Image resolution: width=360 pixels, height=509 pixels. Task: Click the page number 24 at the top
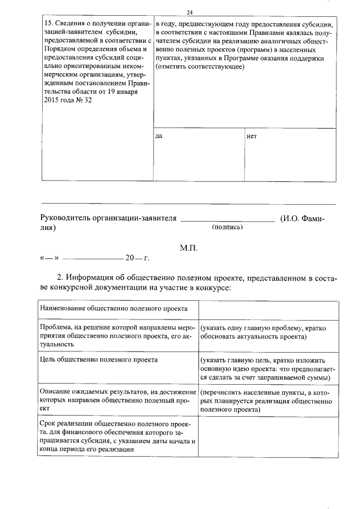pyautogui.click(x=190, y=12)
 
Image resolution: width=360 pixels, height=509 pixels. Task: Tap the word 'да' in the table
pyautogui.click(x=159, y=137)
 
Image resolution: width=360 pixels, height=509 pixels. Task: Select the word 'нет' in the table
pyautogui.click(x=251, y=137)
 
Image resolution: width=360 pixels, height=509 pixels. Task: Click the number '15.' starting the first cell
pyautogui.click(x=48, y=24)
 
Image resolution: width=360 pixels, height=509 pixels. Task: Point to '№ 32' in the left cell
pyautogui.click(x=82, y=100)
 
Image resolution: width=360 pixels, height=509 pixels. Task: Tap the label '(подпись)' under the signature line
pyautogui.click(x=227, y=227)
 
